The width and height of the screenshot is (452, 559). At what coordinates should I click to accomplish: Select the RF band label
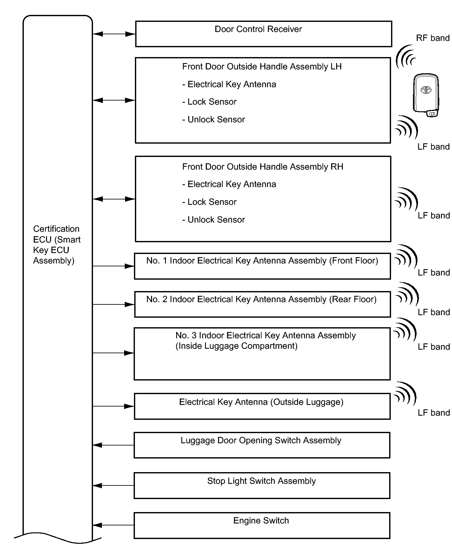pyautogui.click(x=433, y=38)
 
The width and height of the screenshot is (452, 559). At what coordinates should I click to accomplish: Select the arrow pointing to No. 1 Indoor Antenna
pyautogui.click(x=113, y=266)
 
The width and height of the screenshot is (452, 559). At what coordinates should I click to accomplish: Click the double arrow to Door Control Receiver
pyautogui.click(x=114, y=34)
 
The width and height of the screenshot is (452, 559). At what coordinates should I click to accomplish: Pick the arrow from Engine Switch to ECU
pyautogui.click(x=113, y=525)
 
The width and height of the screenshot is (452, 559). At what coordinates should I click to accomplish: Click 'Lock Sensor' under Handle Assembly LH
pyautogui.click(x=209, y=102)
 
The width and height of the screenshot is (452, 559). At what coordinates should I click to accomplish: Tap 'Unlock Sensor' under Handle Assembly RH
pyautogui.click(x=214, y=220)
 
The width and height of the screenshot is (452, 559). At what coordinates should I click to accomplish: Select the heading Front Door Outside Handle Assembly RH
pyautogui.click(x=263, y=167)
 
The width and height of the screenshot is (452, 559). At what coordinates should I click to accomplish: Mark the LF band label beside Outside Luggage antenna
pyautogui.click(x=434, y=413)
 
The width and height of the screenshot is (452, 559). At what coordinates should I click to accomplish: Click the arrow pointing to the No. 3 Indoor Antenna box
pyautogui.click(x=113, y=353)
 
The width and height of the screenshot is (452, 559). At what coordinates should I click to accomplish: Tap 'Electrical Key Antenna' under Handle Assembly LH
pyautogui.click(x=229, y=84)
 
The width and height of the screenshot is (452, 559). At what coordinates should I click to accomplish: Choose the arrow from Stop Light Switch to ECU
pyautogui.click(x=113, y=485)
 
